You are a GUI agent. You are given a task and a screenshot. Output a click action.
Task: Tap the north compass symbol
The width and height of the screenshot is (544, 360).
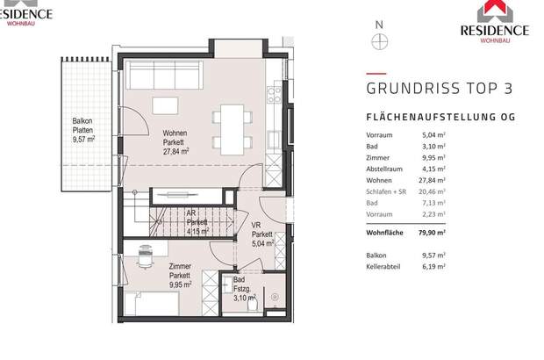[379, 40]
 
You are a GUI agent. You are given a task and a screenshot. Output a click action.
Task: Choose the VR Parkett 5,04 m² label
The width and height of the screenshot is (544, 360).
[261, 234]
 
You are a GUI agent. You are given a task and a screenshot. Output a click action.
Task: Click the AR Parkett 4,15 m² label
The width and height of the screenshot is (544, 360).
[197, 223]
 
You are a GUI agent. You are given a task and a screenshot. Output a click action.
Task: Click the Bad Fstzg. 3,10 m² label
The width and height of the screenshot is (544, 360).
[244, 289]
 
